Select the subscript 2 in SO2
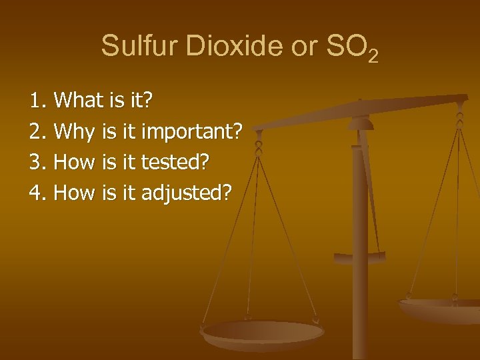373,55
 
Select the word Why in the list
74,132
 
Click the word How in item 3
75,163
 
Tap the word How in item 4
75,193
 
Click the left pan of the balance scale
263,333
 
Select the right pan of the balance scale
440,308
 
